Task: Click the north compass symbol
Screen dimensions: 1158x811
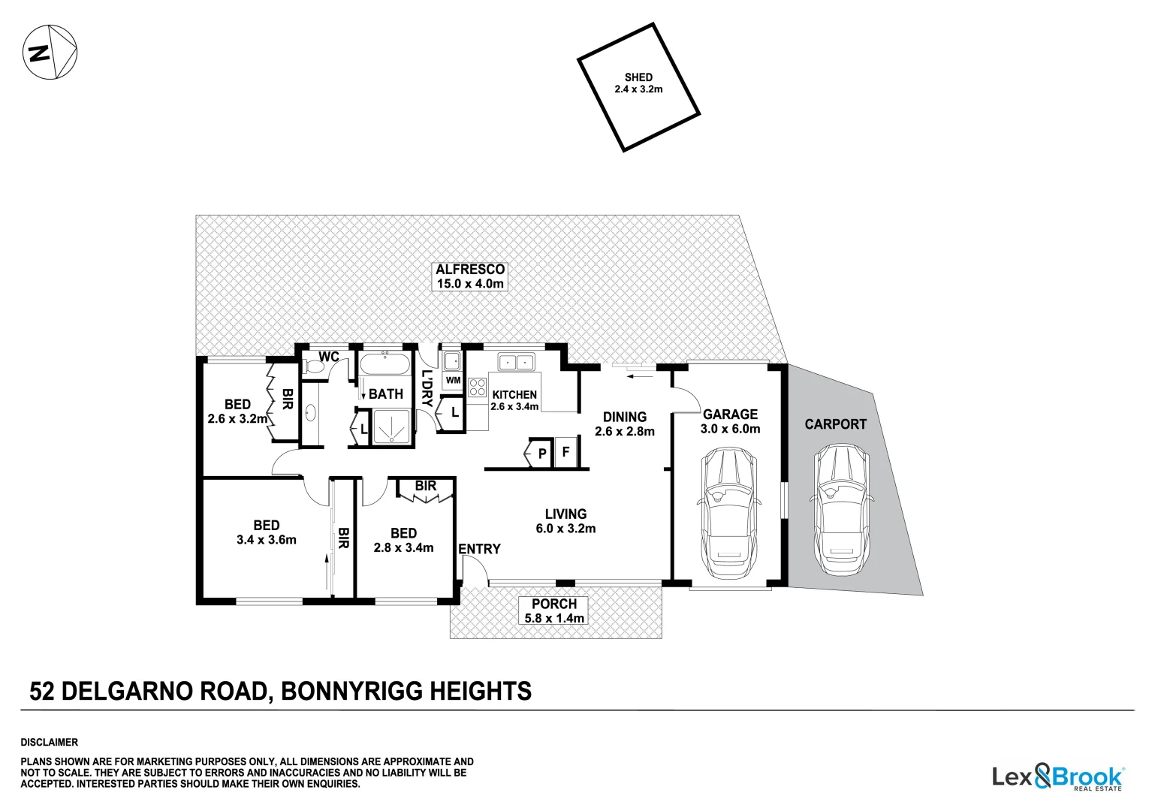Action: click(50, 52)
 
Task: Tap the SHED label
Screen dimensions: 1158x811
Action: click(638, 83)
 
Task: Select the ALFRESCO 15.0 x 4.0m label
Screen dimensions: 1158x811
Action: click(470, 276)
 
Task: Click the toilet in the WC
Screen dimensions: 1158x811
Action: click(312, 366)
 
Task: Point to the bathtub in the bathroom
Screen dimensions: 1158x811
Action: click(384, 366)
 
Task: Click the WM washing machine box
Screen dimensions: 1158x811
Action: click(453, 380)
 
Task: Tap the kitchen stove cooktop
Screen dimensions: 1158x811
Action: click(477, 387)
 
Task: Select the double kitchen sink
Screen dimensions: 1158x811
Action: click(514, 363)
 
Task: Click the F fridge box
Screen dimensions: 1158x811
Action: click(565, 453)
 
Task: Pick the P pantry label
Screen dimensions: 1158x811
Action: click(542, 454)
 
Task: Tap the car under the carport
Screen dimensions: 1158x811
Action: click(840, 509)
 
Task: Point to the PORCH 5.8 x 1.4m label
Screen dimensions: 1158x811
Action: click(554, 611)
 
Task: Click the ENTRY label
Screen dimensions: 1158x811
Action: click(479, 549)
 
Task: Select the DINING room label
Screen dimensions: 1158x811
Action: click(624, 424)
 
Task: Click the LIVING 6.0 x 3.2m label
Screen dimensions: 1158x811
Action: click(565, 521)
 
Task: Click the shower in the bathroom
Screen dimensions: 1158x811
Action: click(391, 427)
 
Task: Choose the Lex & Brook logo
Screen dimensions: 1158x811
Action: click(1057, 777)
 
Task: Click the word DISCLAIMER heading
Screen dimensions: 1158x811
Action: click(49, 742)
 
